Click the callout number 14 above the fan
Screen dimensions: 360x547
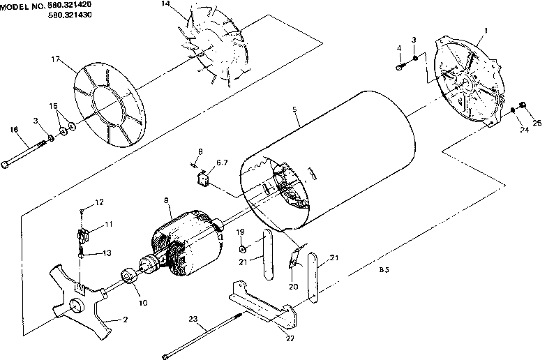[x=165, y=5]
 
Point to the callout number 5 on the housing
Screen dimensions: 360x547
[x=296, y=110]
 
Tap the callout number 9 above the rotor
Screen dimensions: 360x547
[x=166, y=200]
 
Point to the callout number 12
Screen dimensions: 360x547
[x=98, y=202]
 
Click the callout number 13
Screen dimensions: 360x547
[x=107, y=253]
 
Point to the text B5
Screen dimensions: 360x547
[x=383, y=269]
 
